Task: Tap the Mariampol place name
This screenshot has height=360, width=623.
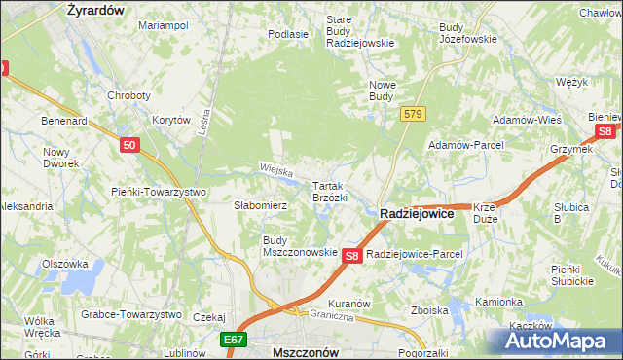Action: tap(163, 25)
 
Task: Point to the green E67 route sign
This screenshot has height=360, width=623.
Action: tap(233, 340)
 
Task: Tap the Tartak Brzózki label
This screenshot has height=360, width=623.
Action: tap(329, 191)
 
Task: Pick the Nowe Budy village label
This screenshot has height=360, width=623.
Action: tap(381, 90)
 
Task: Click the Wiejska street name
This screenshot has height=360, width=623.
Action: tap(276, 171)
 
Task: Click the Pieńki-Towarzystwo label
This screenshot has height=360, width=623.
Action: tap(158, 192)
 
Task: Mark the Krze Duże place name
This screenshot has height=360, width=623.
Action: tap(485, 213)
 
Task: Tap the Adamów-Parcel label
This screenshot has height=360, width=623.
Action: tap(464, 145)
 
